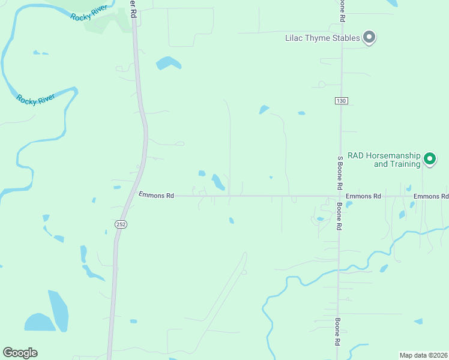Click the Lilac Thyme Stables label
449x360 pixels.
[322, 38]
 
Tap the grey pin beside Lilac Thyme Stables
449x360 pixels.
[370, 38]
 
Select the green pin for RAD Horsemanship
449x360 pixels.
[429, 159]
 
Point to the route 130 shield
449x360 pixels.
[341, 101]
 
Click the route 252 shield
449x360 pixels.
[120, 224]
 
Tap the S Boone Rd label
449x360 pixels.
[340, 173]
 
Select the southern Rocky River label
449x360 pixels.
[36, 99]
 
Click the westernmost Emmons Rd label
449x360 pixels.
[155, 196]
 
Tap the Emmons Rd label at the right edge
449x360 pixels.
[430, 196]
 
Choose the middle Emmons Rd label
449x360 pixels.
[363, 196]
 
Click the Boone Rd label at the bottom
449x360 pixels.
[338, 331]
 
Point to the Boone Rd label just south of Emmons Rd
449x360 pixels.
[339, 216]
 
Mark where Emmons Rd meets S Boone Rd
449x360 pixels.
[340, 196]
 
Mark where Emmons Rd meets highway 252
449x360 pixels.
[132, 196]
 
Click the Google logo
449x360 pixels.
[20, 353]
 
